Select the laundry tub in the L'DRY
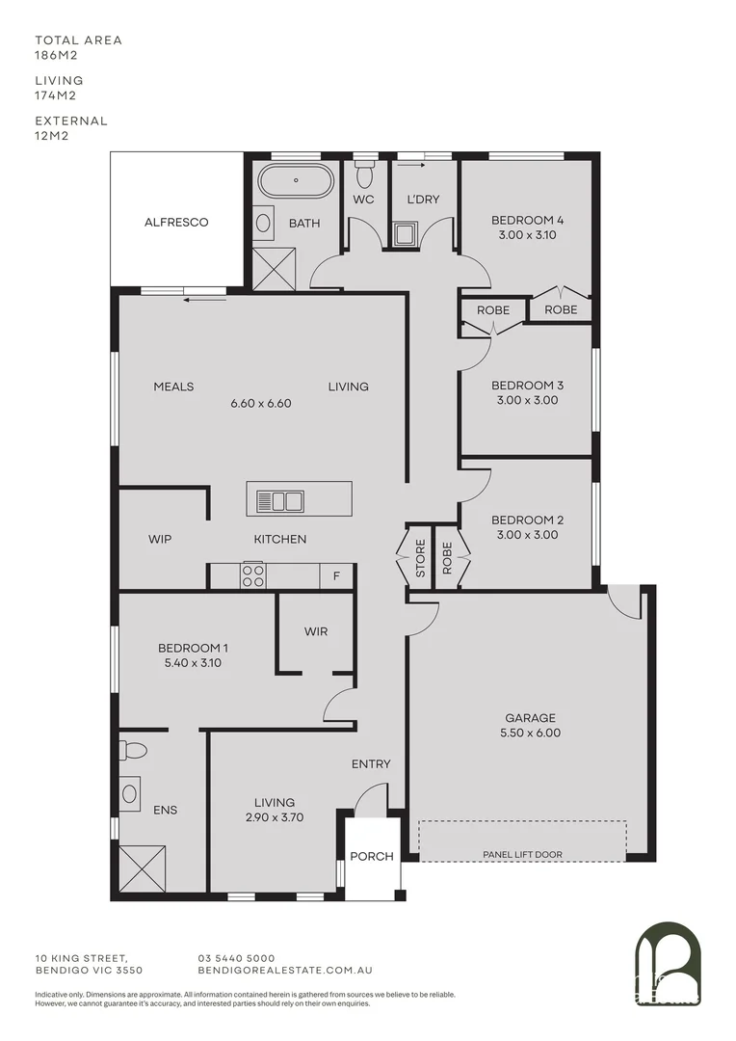click(406, 234)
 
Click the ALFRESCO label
click(176, 223)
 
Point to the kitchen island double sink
click(280, 500)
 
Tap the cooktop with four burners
click(252, 575)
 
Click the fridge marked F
click(336, 576)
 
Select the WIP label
click(160, 539)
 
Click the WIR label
click(316, 632)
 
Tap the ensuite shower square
click(142, 868)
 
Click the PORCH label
click(371, 856)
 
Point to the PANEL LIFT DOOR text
click(523, 854)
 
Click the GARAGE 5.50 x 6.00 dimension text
click(531, 733)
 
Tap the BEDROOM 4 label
click(527, 220)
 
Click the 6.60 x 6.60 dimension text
click(261, 404)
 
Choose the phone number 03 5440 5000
click(236, 958)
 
